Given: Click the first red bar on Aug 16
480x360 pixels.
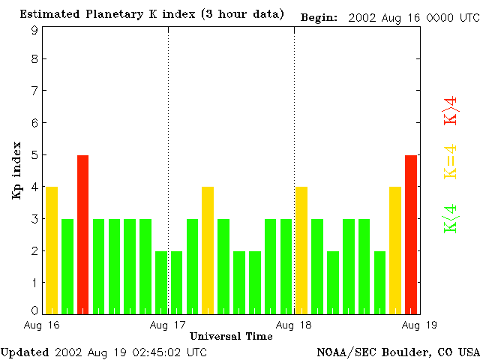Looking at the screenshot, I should [x=83, y=234].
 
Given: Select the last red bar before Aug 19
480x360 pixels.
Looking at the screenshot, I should [x=411, y=234].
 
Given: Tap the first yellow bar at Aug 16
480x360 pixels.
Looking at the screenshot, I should [x=52, y=250].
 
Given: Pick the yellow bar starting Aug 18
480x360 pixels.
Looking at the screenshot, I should [x=301, y=250].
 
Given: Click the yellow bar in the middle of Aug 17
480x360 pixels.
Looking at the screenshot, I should [x=208, y=250].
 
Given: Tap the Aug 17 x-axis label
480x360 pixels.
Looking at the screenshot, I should [x=168, y=325].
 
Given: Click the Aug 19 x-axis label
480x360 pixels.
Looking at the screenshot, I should [x=420, y=325].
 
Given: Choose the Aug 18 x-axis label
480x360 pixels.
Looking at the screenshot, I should [x=294, y=325].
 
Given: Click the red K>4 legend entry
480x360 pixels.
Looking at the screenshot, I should [x=450, y=110].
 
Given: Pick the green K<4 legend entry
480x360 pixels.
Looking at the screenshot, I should [x=450, y=218].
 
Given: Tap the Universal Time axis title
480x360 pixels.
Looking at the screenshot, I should [x=231, y=336].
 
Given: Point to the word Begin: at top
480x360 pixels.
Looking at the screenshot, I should [x=319, y=16].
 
